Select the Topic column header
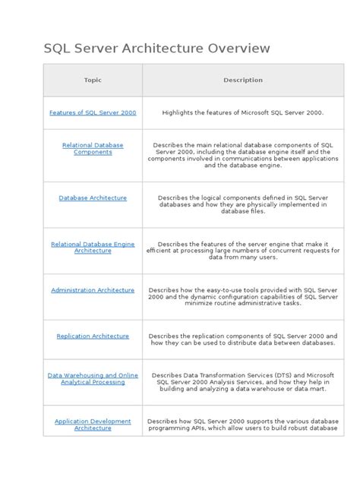point(93,80)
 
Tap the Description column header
point(243,80)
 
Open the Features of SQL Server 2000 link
point(93,112)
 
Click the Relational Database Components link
point(93,148)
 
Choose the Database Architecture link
point(93,198)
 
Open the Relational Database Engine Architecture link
point(93,248)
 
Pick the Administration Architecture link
point(93,290)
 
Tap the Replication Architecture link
point(93,336)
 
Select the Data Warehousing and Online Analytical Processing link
point(93,378)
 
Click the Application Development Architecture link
point(93,425)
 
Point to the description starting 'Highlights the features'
point(243,112)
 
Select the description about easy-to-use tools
point(243,296)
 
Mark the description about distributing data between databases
point(243,339)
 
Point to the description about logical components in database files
point(243,204)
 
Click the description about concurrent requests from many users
point(243,251)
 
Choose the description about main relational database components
point(243,155)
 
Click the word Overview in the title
point(238,49)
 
